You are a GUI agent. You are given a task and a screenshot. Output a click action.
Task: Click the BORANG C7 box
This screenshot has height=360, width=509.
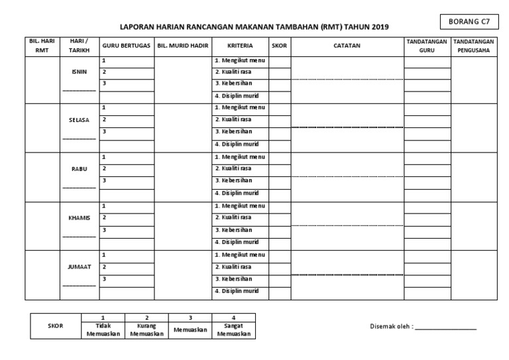[x=469, y=21]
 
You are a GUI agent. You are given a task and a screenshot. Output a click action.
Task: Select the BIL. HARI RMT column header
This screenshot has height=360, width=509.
[x=42, y=47]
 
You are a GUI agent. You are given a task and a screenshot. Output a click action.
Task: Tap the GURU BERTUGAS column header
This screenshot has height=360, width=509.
[x=126, y=47]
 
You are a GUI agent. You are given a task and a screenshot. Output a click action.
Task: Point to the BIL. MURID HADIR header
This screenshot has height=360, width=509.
[x=183, y=47]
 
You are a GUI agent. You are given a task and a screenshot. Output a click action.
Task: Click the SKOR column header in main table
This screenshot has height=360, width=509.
[x=279, y=47]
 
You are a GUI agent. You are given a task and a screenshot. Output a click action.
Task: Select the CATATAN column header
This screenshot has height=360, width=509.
[x=347, y=47]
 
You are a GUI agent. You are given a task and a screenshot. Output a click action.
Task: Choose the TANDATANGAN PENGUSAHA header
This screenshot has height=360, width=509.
[x=473, y=47]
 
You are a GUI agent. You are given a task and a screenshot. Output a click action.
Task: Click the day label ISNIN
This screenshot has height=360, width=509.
[x=79, y=72]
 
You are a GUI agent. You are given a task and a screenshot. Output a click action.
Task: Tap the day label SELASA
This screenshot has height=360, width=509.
[x=79, y=121]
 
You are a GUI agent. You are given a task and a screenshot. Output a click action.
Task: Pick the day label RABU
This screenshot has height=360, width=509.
[x=79, y=169]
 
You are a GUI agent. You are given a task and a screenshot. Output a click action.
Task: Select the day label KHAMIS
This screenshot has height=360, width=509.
[x=79, y=218]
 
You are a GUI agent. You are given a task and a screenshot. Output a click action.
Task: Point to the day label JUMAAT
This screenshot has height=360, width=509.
[x=79, y=267]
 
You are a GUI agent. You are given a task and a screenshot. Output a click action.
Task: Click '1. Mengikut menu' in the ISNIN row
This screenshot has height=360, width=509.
[x=239, y=61]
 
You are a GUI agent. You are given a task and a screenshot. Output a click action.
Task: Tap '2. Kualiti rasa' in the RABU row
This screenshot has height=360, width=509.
[x=233, y=168]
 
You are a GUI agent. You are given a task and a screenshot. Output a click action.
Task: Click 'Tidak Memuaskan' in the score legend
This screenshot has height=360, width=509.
[x=102, y=330]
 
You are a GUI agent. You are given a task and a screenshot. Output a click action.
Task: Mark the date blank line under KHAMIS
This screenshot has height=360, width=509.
[x=79, y=237]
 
